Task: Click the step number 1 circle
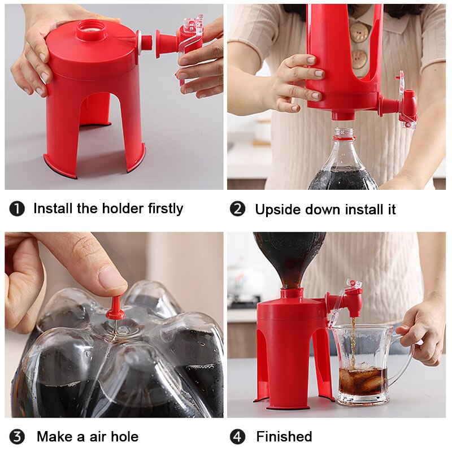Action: click(x=17, y=209)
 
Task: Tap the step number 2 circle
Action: click(x=237, y=209)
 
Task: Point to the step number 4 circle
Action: click(x=237, y=437)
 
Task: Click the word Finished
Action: click(x=284, y=437)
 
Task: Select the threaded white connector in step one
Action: click(x=146, y=41)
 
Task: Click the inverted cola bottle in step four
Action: click(x=288, y=254)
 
